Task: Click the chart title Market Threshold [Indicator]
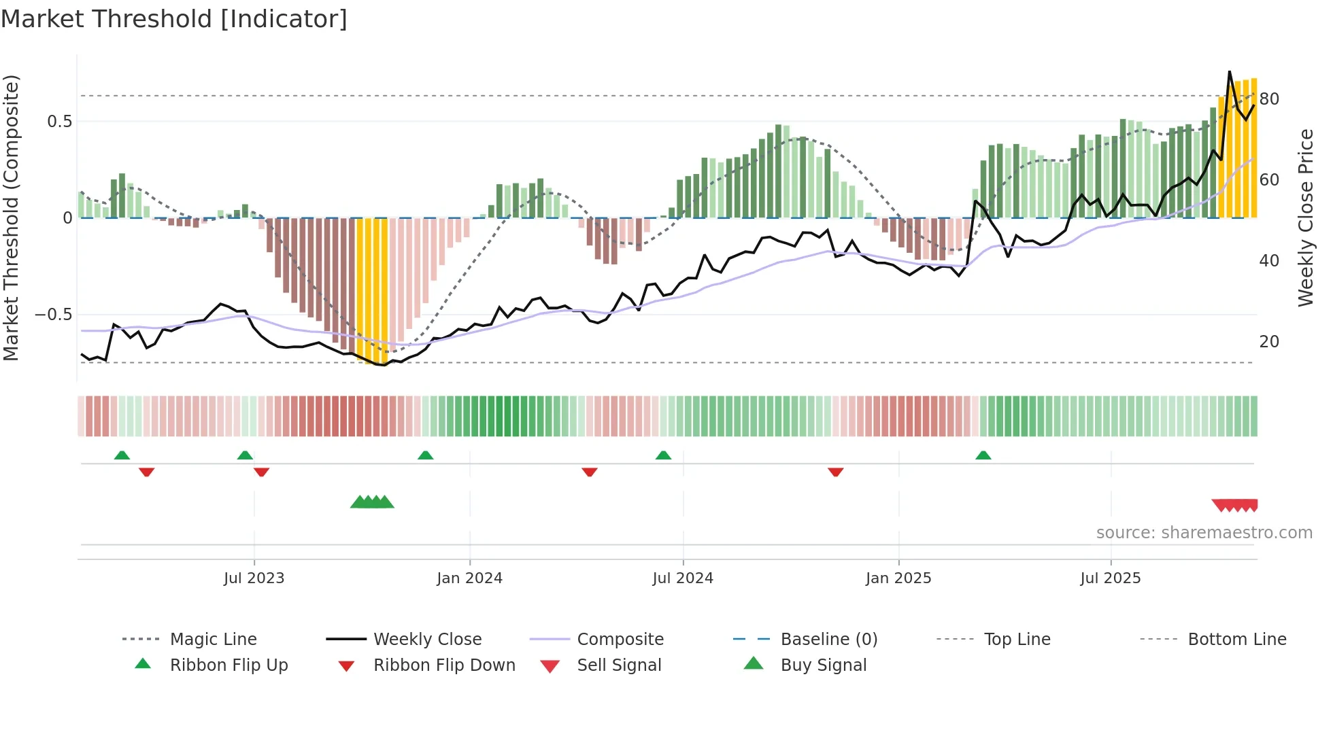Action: pos(174,19)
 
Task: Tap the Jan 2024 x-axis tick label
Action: pos(469,578)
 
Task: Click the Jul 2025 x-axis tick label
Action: pos(1110,578)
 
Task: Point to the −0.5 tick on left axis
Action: pos(53,315)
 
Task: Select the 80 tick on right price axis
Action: pos(1269,99)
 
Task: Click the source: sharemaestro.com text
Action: pos(1204,533)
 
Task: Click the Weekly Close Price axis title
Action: pos(1305,217)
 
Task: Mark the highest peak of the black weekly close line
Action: pos(1230,71)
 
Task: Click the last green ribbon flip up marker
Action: pos(983,455)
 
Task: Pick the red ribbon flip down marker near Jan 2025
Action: pos(835,472)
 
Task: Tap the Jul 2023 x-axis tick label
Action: pos(254,578)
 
